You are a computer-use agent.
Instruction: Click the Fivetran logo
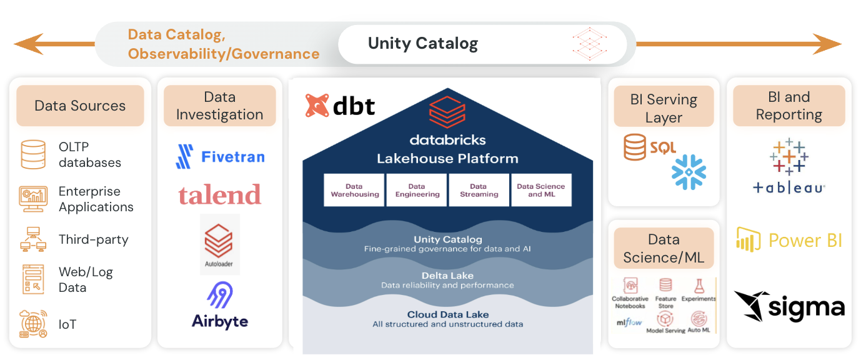(220, 156)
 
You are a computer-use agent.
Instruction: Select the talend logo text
(219, 195)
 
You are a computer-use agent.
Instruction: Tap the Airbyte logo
(220, 306)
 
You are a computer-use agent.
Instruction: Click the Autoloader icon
(219, 244)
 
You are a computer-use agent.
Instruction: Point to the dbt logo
(340, 106)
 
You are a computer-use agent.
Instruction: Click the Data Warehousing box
(354, 190)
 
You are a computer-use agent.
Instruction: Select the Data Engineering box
(417, 190)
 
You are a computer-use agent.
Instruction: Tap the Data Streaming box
(479, 190)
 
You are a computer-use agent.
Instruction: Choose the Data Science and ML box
(540, 190)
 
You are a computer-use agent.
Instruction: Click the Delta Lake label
(447, 276)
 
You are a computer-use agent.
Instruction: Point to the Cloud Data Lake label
(447, 315)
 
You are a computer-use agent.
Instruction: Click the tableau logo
(789, 166)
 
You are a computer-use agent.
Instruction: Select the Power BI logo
(789, 240)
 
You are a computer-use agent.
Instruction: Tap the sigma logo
(789, 306)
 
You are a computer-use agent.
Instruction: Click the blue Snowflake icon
(689, 172)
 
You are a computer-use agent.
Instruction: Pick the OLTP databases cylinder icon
(33, 154)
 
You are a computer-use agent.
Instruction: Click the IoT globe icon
(33, 324)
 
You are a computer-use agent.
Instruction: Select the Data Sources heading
(80, 106)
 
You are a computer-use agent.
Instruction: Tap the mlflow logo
(629, 322)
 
